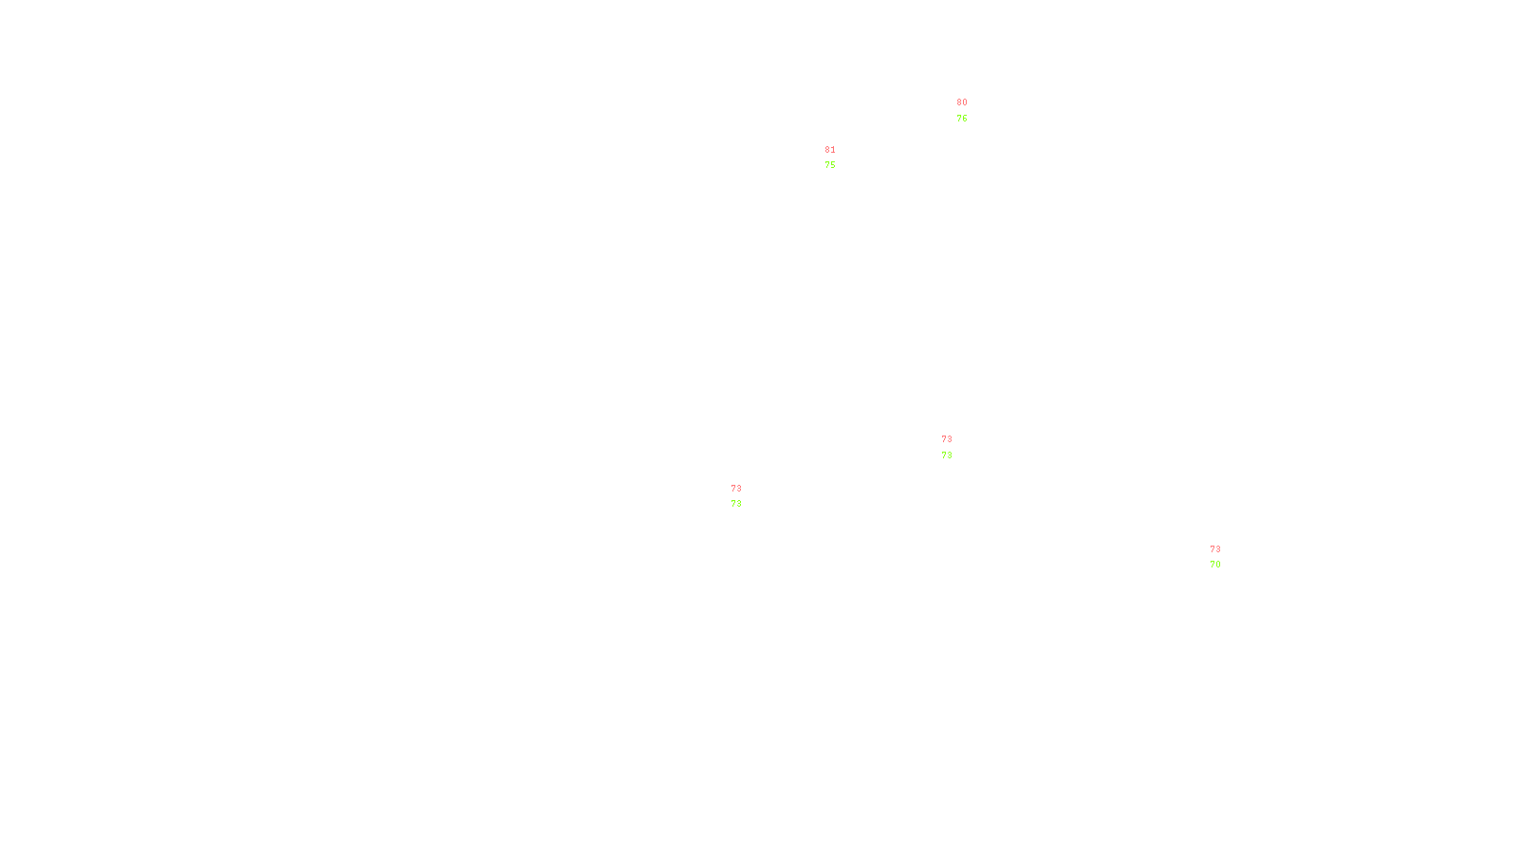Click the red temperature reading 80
(962, 102)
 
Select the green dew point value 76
(962, 119)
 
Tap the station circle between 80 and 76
(971, 111)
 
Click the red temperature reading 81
(830, 150)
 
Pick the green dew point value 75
(830, 165)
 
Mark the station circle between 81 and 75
(840, 158)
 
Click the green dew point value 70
(1215, 565)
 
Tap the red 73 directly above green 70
(1215, 549)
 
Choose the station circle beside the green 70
(1224, 557)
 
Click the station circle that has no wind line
(956, 447)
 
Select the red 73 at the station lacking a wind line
(947, 439)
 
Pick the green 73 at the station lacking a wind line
(947, 455)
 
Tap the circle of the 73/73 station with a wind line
(745, 496)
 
